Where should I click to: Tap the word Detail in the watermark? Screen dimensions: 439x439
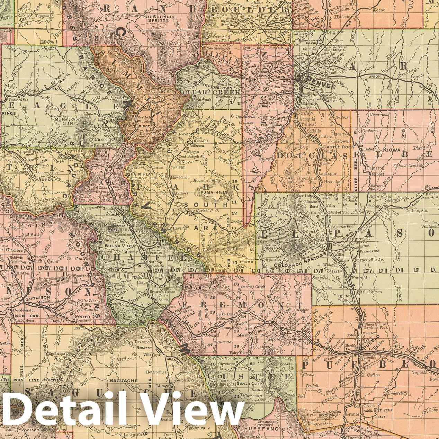tap(69, 413)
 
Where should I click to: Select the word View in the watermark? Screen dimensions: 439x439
tap(194, 413)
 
